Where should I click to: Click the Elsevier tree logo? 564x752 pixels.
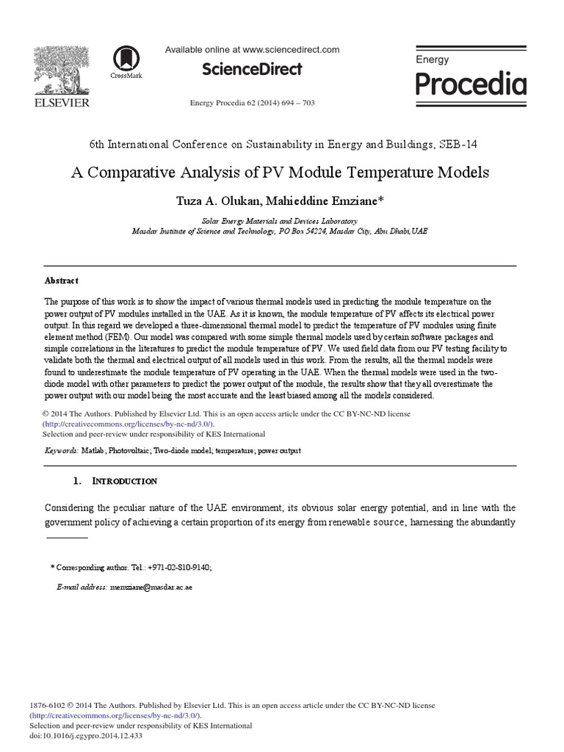pyautogui.click(x=61, y=70)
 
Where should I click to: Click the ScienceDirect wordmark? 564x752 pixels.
pyautogui.click(x=252, y=70)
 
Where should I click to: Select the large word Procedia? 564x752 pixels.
pyautogui.click(x=471, y=85)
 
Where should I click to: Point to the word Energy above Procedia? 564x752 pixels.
pyautogui.click(x=432, y=59)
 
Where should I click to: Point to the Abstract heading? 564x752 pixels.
pyautogui.click(x=62, y=281)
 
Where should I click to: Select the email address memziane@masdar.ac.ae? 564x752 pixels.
pyautogui.click(x=151, y=588)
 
